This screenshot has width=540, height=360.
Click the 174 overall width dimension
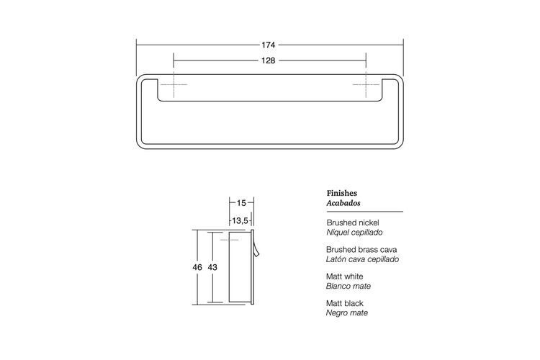(269, 45)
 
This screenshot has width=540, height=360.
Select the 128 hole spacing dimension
(269, 60)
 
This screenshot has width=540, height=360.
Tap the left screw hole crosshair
(174, 84)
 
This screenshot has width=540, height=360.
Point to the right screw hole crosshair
(366, 84)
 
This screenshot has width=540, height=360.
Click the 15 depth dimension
(241, 203)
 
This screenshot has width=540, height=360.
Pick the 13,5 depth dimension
(240, 220)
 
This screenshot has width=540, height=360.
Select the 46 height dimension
(197, 267)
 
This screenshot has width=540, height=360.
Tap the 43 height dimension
(212, 267)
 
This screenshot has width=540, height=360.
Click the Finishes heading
(341, 193)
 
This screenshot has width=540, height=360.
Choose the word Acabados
(343, 203)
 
